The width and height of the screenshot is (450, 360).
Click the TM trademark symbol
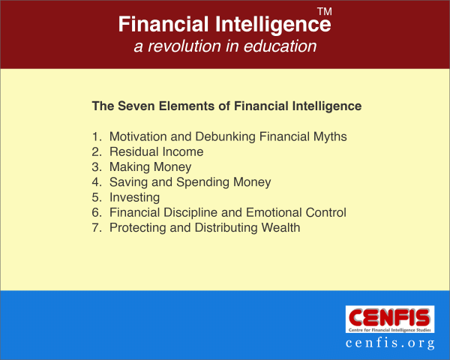325,11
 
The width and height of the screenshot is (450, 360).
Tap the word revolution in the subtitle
184,46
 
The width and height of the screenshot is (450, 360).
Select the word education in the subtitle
280,46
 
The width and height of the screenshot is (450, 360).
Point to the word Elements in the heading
187,106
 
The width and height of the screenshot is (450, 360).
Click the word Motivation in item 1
138,136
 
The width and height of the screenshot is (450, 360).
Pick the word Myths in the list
330,137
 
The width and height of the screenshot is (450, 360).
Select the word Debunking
225,137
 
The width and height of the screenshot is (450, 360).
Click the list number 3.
97,166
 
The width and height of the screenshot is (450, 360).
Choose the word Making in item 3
130,167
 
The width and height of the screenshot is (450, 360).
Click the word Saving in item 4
128,182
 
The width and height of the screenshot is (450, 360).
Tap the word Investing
134,198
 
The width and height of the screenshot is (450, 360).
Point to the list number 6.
97,212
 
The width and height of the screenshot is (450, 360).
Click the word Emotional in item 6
274,212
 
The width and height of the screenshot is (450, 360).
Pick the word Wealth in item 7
280,228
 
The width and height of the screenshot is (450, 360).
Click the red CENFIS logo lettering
390,317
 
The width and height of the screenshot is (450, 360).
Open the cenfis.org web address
390,343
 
